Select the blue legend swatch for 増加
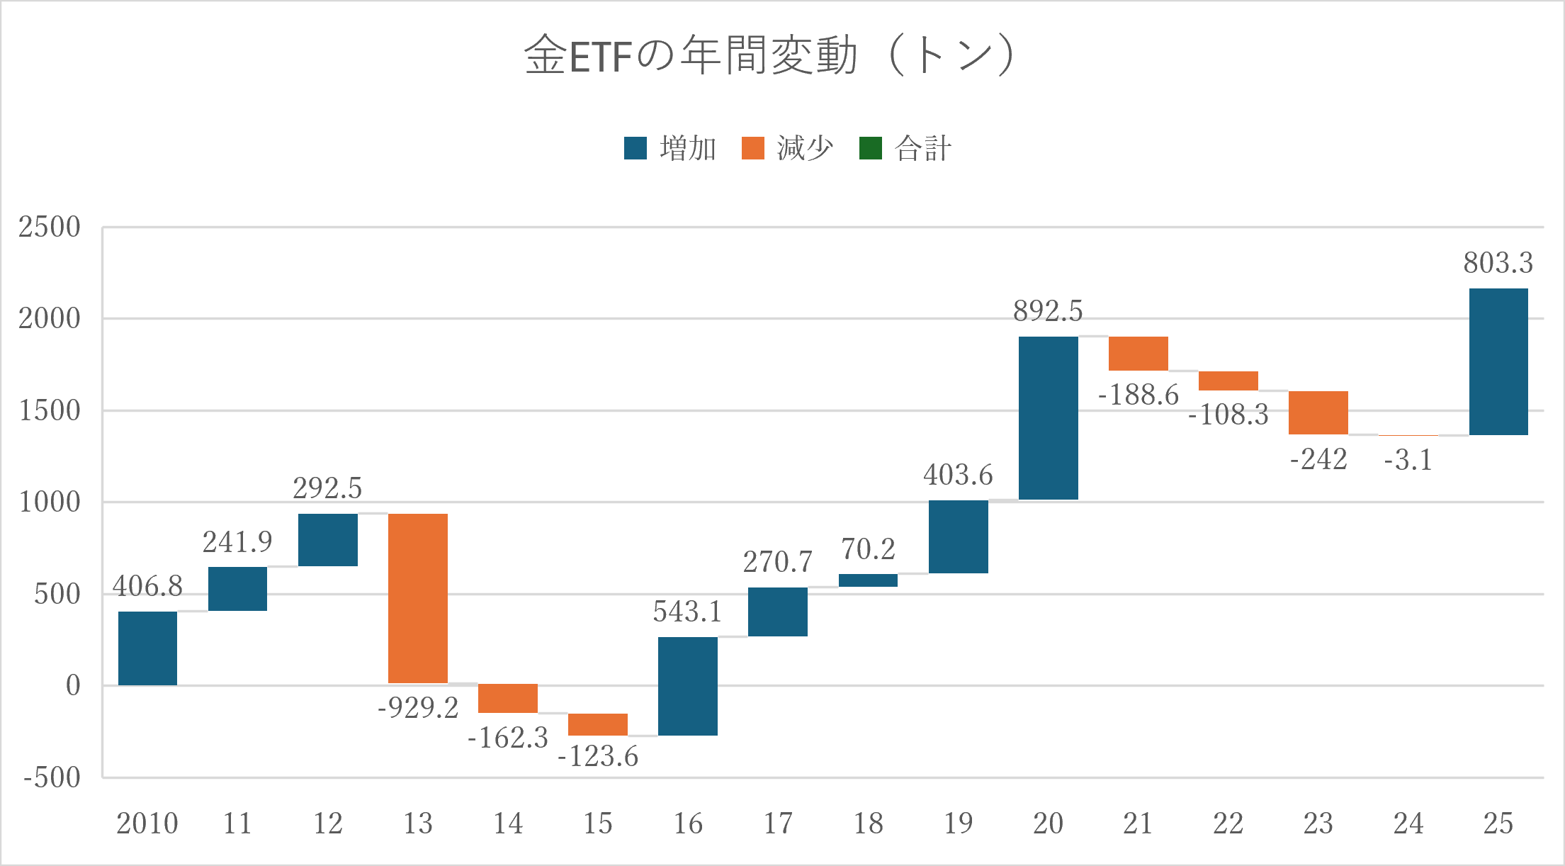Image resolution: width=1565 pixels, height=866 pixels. click(635, 148)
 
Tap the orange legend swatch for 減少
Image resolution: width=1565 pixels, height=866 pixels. click(753, 148)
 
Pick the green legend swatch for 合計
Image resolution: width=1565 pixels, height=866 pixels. click(871, 148)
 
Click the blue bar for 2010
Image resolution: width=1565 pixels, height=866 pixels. click(147, 648)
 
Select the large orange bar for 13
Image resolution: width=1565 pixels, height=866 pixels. click(418, 599)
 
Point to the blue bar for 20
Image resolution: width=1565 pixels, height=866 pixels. click(1049, 418)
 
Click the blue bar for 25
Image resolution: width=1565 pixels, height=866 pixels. click(1498, 361)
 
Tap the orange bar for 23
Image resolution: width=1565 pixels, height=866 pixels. click(1318, 412)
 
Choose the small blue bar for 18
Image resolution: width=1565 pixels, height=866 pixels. click(868, 580)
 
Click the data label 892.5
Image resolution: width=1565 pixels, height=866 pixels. click(1048, 310)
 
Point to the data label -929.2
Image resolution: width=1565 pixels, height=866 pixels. click(418, 707)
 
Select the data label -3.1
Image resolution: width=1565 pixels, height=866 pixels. click(1408, 460)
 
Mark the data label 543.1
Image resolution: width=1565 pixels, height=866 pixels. click(687, 611)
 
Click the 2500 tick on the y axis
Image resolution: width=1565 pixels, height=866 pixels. click(50, 227)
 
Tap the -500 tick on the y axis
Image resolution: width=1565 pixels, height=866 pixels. click(52, 777)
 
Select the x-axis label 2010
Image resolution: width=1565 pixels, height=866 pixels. click(147, 823)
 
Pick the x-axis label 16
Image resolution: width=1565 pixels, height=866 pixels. click(688, 823)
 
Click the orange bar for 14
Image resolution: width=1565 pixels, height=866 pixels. click(508, 699)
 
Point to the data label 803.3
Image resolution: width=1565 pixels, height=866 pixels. click(1498, 262)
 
